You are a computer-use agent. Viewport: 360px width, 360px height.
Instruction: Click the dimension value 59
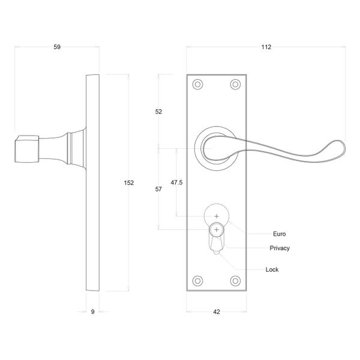[57, 47]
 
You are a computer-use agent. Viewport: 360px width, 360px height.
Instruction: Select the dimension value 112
[265, 47]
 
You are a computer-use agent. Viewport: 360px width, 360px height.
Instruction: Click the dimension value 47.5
[176, 181]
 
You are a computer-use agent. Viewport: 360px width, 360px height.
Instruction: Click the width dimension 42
[217, 311]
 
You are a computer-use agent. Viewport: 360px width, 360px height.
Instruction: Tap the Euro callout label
[279, 233]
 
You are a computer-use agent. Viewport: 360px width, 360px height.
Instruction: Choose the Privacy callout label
[280, 248]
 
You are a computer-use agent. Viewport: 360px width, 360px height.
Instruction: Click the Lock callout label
[272, 269]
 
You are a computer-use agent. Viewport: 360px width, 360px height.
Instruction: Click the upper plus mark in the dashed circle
[217, 215]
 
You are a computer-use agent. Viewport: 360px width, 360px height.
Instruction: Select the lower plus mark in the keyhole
[217, 229]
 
